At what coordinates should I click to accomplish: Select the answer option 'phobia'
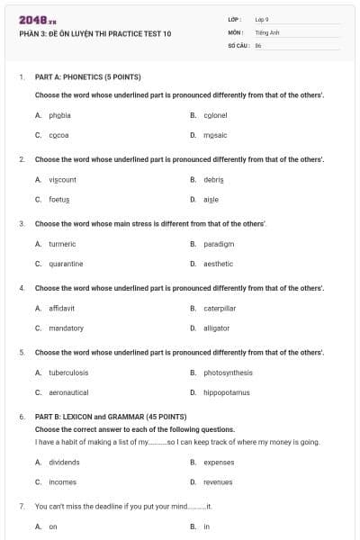(60, 115)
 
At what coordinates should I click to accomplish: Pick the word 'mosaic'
(215, 135)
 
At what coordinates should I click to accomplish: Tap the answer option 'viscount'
(62, 179)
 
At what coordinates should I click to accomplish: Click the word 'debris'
(213, 179)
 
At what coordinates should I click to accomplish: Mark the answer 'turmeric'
(62, 244)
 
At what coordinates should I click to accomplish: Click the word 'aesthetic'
(218, 264)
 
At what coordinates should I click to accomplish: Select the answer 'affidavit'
(62, 308)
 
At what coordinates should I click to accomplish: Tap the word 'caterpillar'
(220, 308)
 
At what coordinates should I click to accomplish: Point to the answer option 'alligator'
(218, 328)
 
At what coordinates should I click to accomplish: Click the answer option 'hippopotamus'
(226, 392)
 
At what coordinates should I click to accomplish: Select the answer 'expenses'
(219, 463)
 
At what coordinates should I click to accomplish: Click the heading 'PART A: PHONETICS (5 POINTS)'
(87, 77)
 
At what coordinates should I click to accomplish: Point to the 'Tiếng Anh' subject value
(265, 31)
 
